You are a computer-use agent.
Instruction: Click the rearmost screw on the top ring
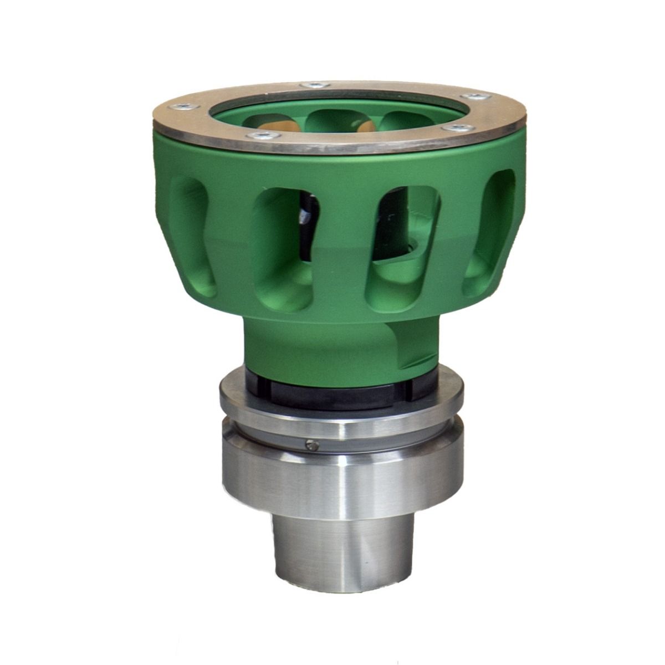point(313,85)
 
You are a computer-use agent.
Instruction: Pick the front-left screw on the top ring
point(259,136)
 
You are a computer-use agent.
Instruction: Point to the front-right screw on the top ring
point(457,129)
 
